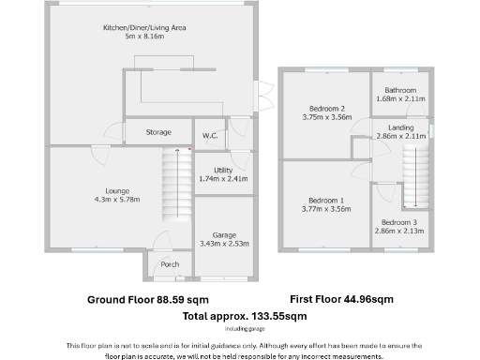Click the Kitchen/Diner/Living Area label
coord(144,28)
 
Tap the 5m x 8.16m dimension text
coord(144,37)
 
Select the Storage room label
coord(158,133)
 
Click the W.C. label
coord(210,136)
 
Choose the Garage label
coord(223,234)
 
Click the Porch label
coord(170,264)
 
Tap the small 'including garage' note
coord(240,328)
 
